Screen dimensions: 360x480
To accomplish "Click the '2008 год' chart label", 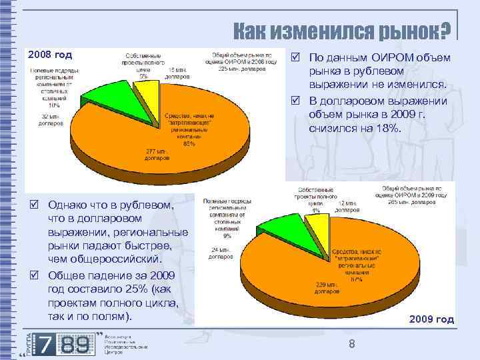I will (x=49, y=54).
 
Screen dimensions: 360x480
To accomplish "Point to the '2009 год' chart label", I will (x=432, y=319).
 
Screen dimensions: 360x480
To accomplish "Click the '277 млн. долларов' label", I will (x=158, y=154).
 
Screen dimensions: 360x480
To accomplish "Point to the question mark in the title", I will (x=445, y=29).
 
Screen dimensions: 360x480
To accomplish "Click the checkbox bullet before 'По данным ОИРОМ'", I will (x=294, y=58).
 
